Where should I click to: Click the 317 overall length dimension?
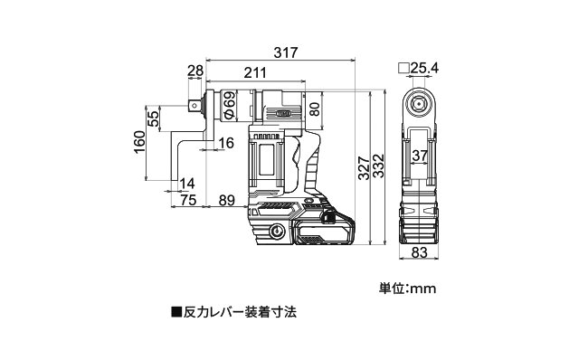pyautogui.click(x=285, y=52)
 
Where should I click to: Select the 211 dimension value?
pyautogui.click(x=255, y=72)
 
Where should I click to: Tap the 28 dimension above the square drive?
pyautogui.click(x=195, y=71)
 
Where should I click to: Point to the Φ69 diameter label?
pyautogui.click(x=230, y=106)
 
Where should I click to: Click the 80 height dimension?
pyautogui.click(x=315, y=109)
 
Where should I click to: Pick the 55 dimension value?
pyautogui.click(x=154, y=118)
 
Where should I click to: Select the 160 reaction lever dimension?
pyautogui.click(x=139, y=142)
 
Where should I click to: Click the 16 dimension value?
pyautogui.click(x=226, y=143)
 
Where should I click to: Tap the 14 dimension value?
pyautogui.click(x=186, y=184)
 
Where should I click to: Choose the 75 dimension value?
pyautogui.click(x=188, y=200)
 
